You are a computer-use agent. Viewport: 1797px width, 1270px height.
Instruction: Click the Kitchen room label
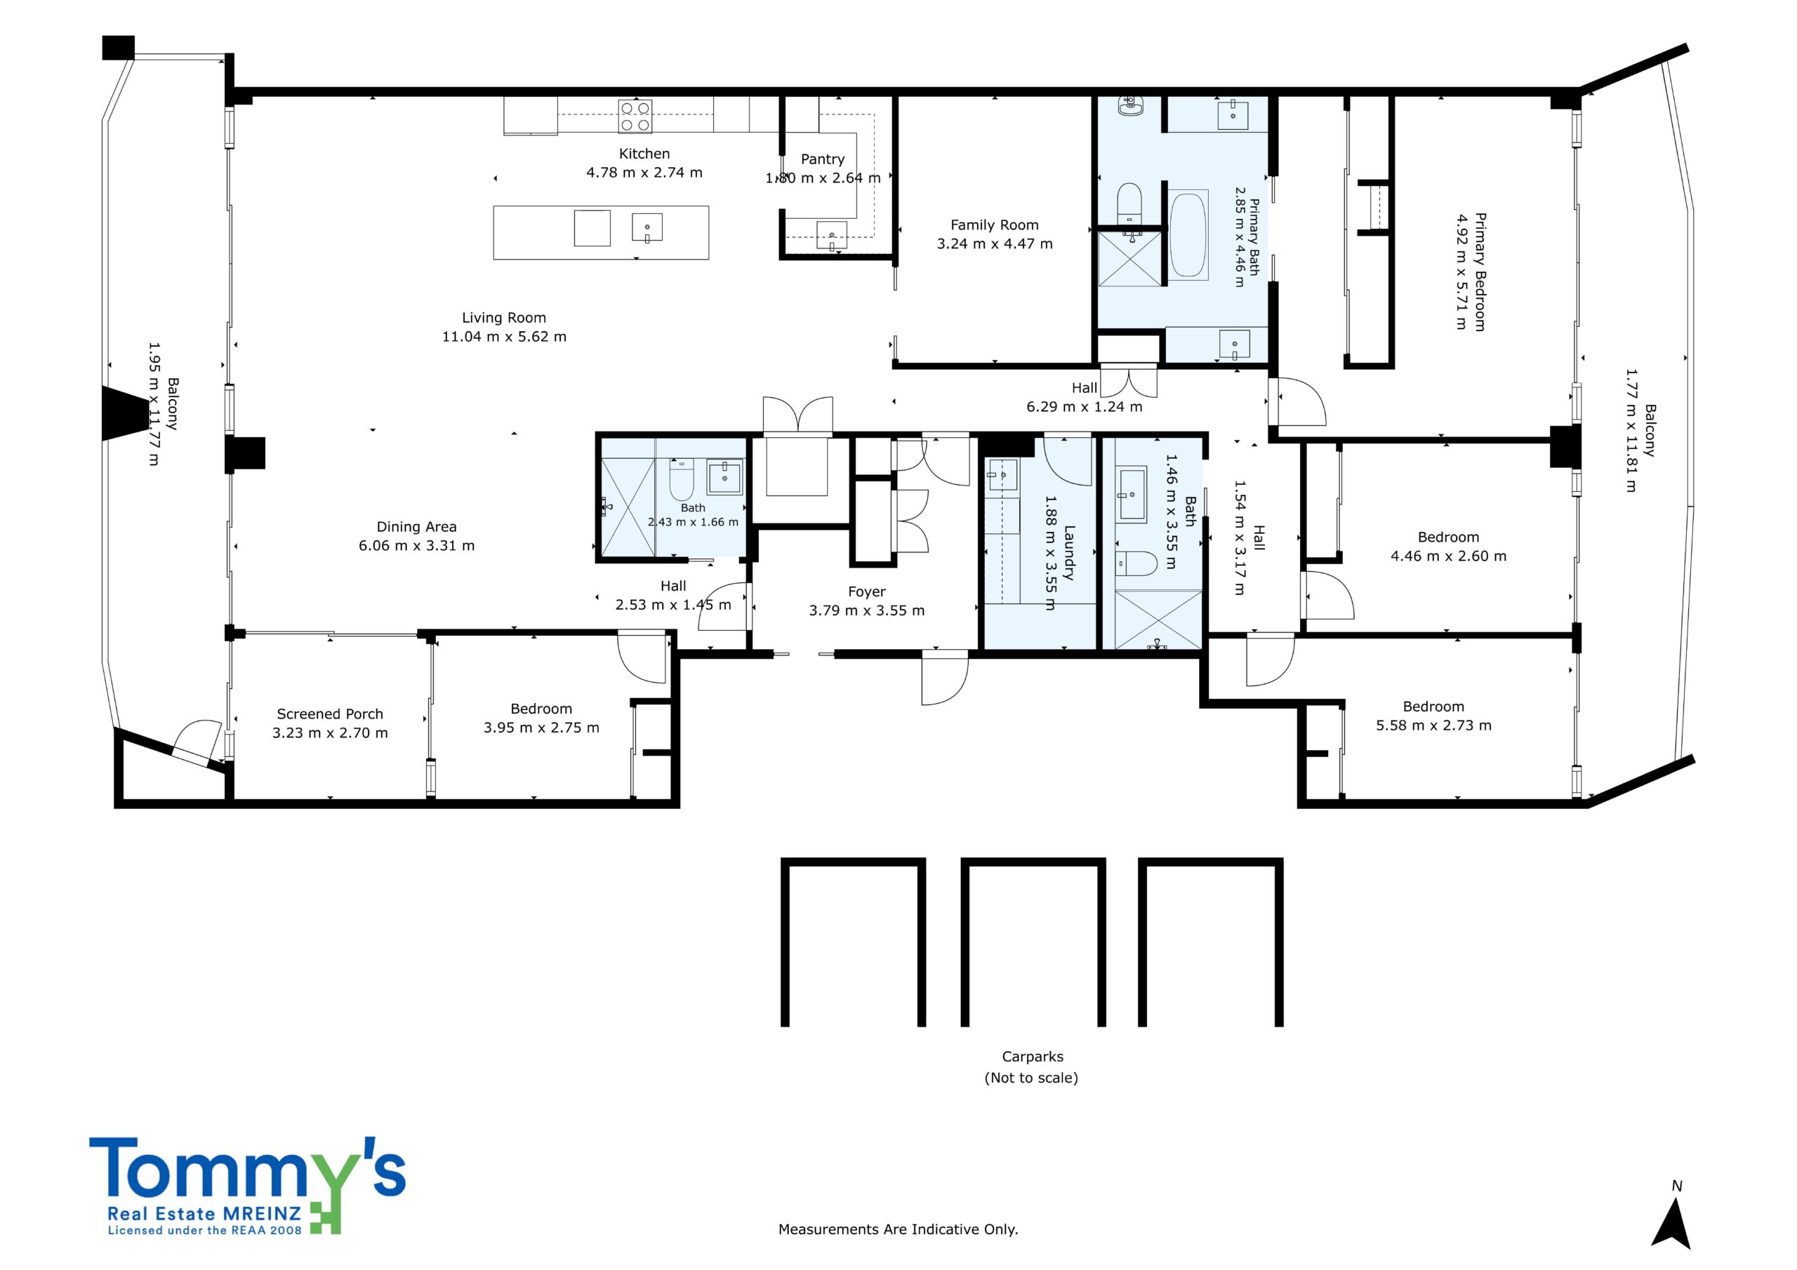tap(644, 154)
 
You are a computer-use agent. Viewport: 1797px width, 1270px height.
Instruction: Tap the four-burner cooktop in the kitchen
tap(635, 116)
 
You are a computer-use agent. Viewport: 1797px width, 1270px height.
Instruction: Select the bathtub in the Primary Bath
tap(1188, 233)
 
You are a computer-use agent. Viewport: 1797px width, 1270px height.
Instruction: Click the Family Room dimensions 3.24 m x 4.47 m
tap(995, 244)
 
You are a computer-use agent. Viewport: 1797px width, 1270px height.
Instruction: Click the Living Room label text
tap(504, 318)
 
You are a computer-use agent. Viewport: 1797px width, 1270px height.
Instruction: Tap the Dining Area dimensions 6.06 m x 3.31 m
tap(416, 546)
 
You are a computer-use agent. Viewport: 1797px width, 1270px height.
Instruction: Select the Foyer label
tap(866, 592)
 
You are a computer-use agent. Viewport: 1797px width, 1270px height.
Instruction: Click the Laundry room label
tap(1069, 552)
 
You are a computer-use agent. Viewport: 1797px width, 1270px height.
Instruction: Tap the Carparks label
tap(1033, 1057)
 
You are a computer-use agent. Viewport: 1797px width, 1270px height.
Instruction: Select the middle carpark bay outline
tap(1033, 862)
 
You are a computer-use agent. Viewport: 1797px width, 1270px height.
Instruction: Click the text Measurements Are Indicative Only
tap(898, 1229)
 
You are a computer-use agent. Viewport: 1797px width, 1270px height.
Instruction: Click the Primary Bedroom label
tap(1479, 272)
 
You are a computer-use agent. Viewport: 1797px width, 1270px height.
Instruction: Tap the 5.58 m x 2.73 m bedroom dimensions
tap(1434, 726)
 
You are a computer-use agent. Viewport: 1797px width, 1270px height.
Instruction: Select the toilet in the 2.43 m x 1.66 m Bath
tap(682, 479)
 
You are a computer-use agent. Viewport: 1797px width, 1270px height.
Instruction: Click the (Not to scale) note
tap(1032, 1078)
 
